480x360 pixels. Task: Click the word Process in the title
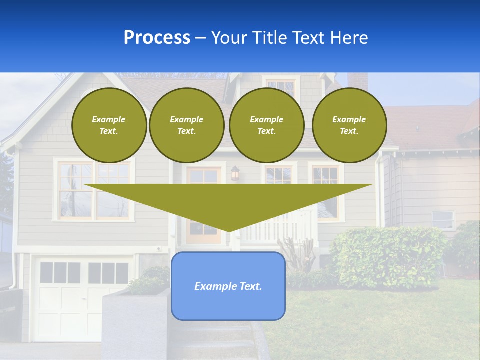(157, 38)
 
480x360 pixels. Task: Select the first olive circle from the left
(109, 125)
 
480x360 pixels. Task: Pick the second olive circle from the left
(186, 125)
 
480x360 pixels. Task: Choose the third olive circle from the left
(266, 125)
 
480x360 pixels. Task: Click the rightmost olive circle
(349, 125)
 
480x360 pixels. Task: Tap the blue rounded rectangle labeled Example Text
(228, 286)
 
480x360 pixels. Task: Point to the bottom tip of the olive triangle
(228, 230)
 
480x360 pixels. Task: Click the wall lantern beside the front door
(235, 173)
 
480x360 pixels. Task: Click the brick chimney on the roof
(357, 81)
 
